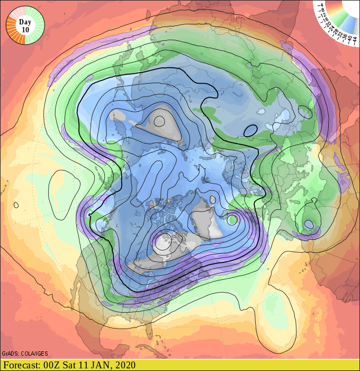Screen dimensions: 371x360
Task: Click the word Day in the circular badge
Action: (25, 22)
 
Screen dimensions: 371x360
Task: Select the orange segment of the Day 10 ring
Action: (11, 31)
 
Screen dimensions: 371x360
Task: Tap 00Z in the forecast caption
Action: (54, 365)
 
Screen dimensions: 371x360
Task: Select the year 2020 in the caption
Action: (125, 365)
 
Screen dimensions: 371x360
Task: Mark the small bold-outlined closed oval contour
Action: (250, 129)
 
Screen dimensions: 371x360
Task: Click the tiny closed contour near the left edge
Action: (16, 205)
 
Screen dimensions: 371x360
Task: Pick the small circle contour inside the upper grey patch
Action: (160, 120)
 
